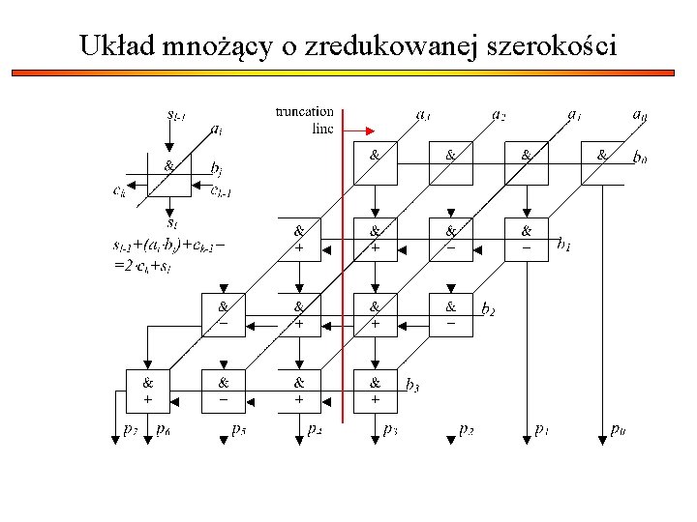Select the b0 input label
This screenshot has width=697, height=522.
[640, 156]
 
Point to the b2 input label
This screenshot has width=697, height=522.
[489, 309]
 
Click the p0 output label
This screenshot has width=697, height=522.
[618, 428]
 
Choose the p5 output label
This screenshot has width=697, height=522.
[238, 428]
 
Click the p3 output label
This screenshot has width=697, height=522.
[390, 428]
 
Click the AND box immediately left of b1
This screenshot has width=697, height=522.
[526, 238]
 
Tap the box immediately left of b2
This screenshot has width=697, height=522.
[450, 313]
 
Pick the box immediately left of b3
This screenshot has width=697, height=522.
[375, 389]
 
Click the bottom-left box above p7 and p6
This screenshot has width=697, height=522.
[147, 389]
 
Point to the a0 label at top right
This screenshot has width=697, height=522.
[639, 115]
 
